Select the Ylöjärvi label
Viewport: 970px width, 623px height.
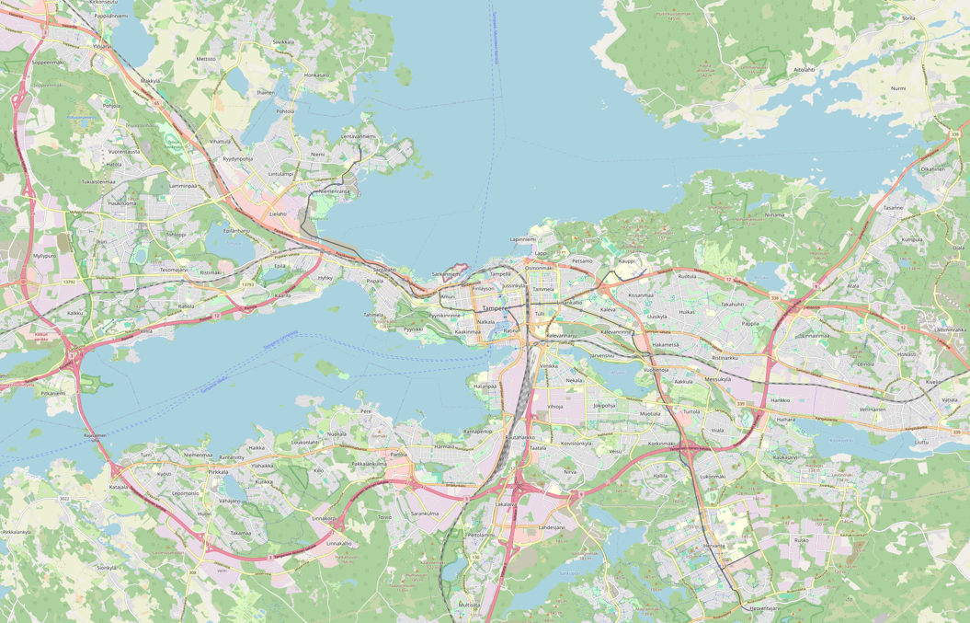pyautogui.click(x=101, y=45)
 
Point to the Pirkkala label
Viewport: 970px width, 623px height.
pyautogui.click(x=218, y=472)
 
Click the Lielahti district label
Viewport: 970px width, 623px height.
pyautogui.click(x=278, y=213)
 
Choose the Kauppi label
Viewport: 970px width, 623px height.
pyautogui.click(x=627, y=261)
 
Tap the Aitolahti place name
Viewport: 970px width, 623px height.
pyautogui.click(x=805, y=69)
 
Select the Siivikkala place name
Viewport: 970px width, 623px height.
pyautogui.click(x=283, y=41)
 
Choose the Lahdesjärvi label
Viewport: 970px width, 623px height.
pyautogui.click(x=551, y=527)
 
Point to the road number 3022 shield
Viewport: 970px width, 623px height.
pyautogui.click(x=64, y=498)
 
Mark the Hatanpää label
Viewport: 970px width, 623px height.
pyautogui.click(x=485, y=386)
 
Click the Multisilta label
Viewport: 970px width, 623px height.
pyautogui.click(x=469, y=605)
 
